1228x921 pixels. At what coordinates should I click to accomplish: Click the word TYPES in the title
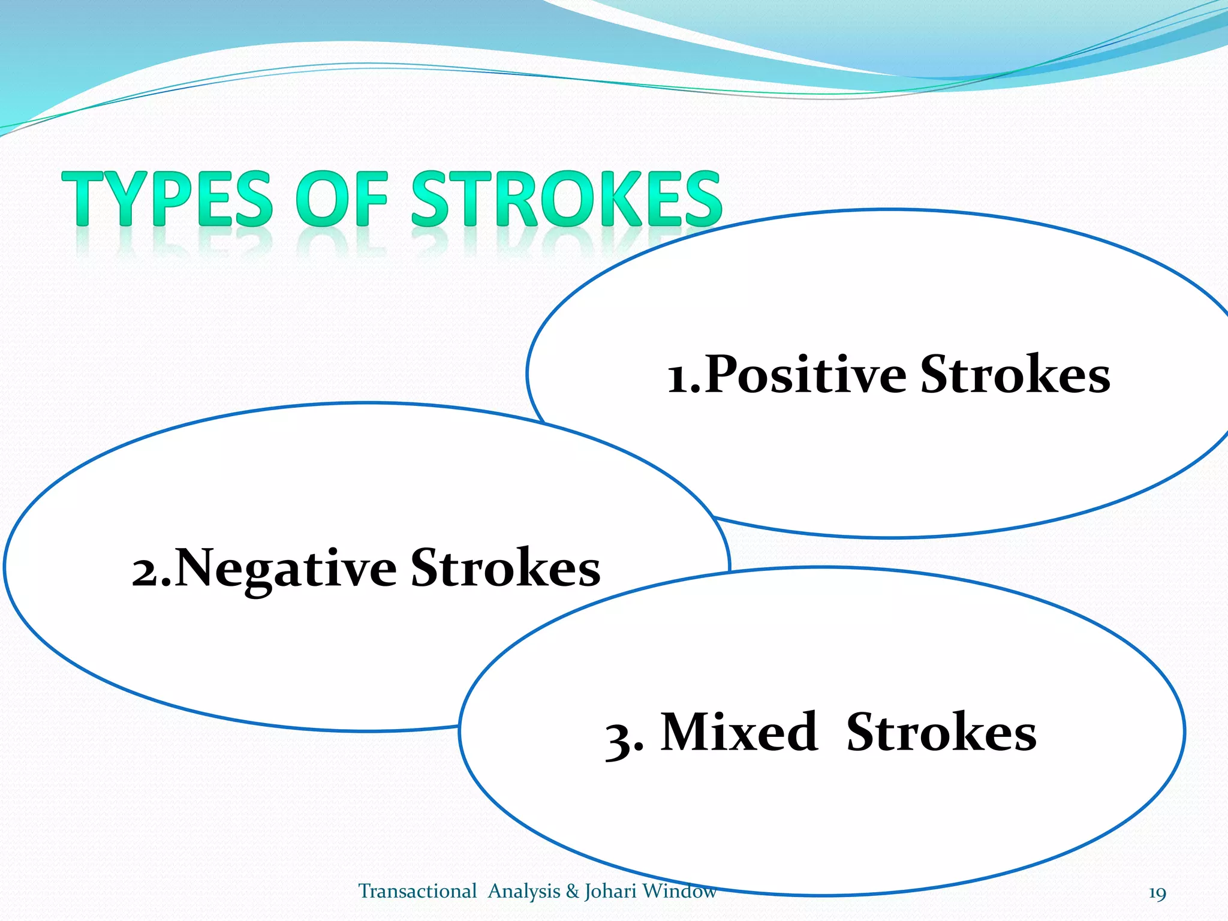point(168,199)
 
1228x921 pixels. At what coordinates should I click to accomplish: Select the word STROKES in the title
point(566,199)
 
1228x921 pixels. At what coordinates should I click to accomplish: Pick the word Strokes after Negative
point(505,568)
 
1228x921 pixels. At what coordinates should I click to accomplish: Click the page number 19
point(1157,893)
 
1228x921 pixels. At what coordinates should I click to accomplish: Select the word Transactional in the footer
point(417,891)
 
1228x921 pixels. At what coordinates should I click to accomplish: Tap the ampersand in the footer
point(572,892)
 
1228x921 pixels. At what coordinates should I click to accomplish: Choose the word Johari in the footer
point(610,892)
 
